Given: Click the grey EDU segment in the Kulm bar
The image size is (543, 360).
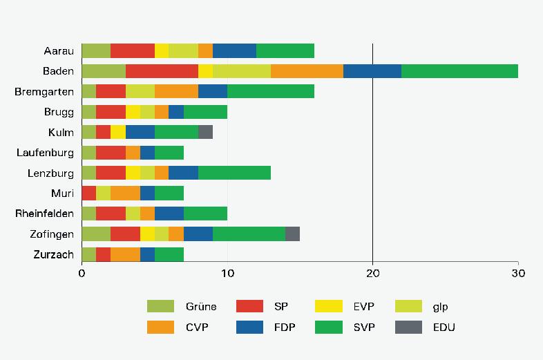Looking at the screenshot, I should tap(205, 132).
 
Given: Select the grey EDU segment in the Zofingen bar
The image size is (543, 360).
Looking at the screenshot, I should tap(292, 234).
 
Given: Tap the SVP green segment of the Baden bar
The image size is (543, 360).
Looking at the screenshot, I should tap(459, 71).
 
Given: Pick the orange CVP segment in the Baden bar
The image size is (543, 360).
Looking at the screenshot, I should tap(307, 71).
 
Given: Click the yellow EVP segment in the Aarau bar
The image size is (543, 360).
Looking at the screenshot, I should tap(162, 50).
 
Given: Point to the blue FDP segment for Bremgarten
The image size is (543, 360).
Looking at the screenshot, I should tap(213, 91).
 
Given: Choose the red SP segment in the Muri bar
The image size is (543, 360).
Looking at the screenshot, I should tap(88, 193).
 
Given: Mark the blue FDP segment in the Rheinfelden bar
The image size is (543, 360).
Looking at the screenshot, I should tap(169, 214).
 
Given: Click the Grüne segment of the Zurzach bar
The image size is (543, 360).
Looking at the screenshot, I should tap(88, 254).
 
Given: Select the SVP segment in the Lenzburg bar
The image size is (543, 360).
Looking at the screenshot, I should tap(234, 173).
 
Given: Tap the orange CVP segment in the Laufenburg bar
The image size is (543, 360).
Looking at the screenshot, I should tap(133, 153).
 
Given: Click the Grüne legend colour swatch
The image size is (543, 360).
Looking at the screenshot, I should tap(160, 307).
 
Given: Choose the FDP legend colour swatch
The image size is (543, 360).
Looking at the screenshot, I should tap(249, 328).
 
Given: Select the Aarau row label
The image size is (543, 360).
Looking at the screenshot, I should tap(58, 50).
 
